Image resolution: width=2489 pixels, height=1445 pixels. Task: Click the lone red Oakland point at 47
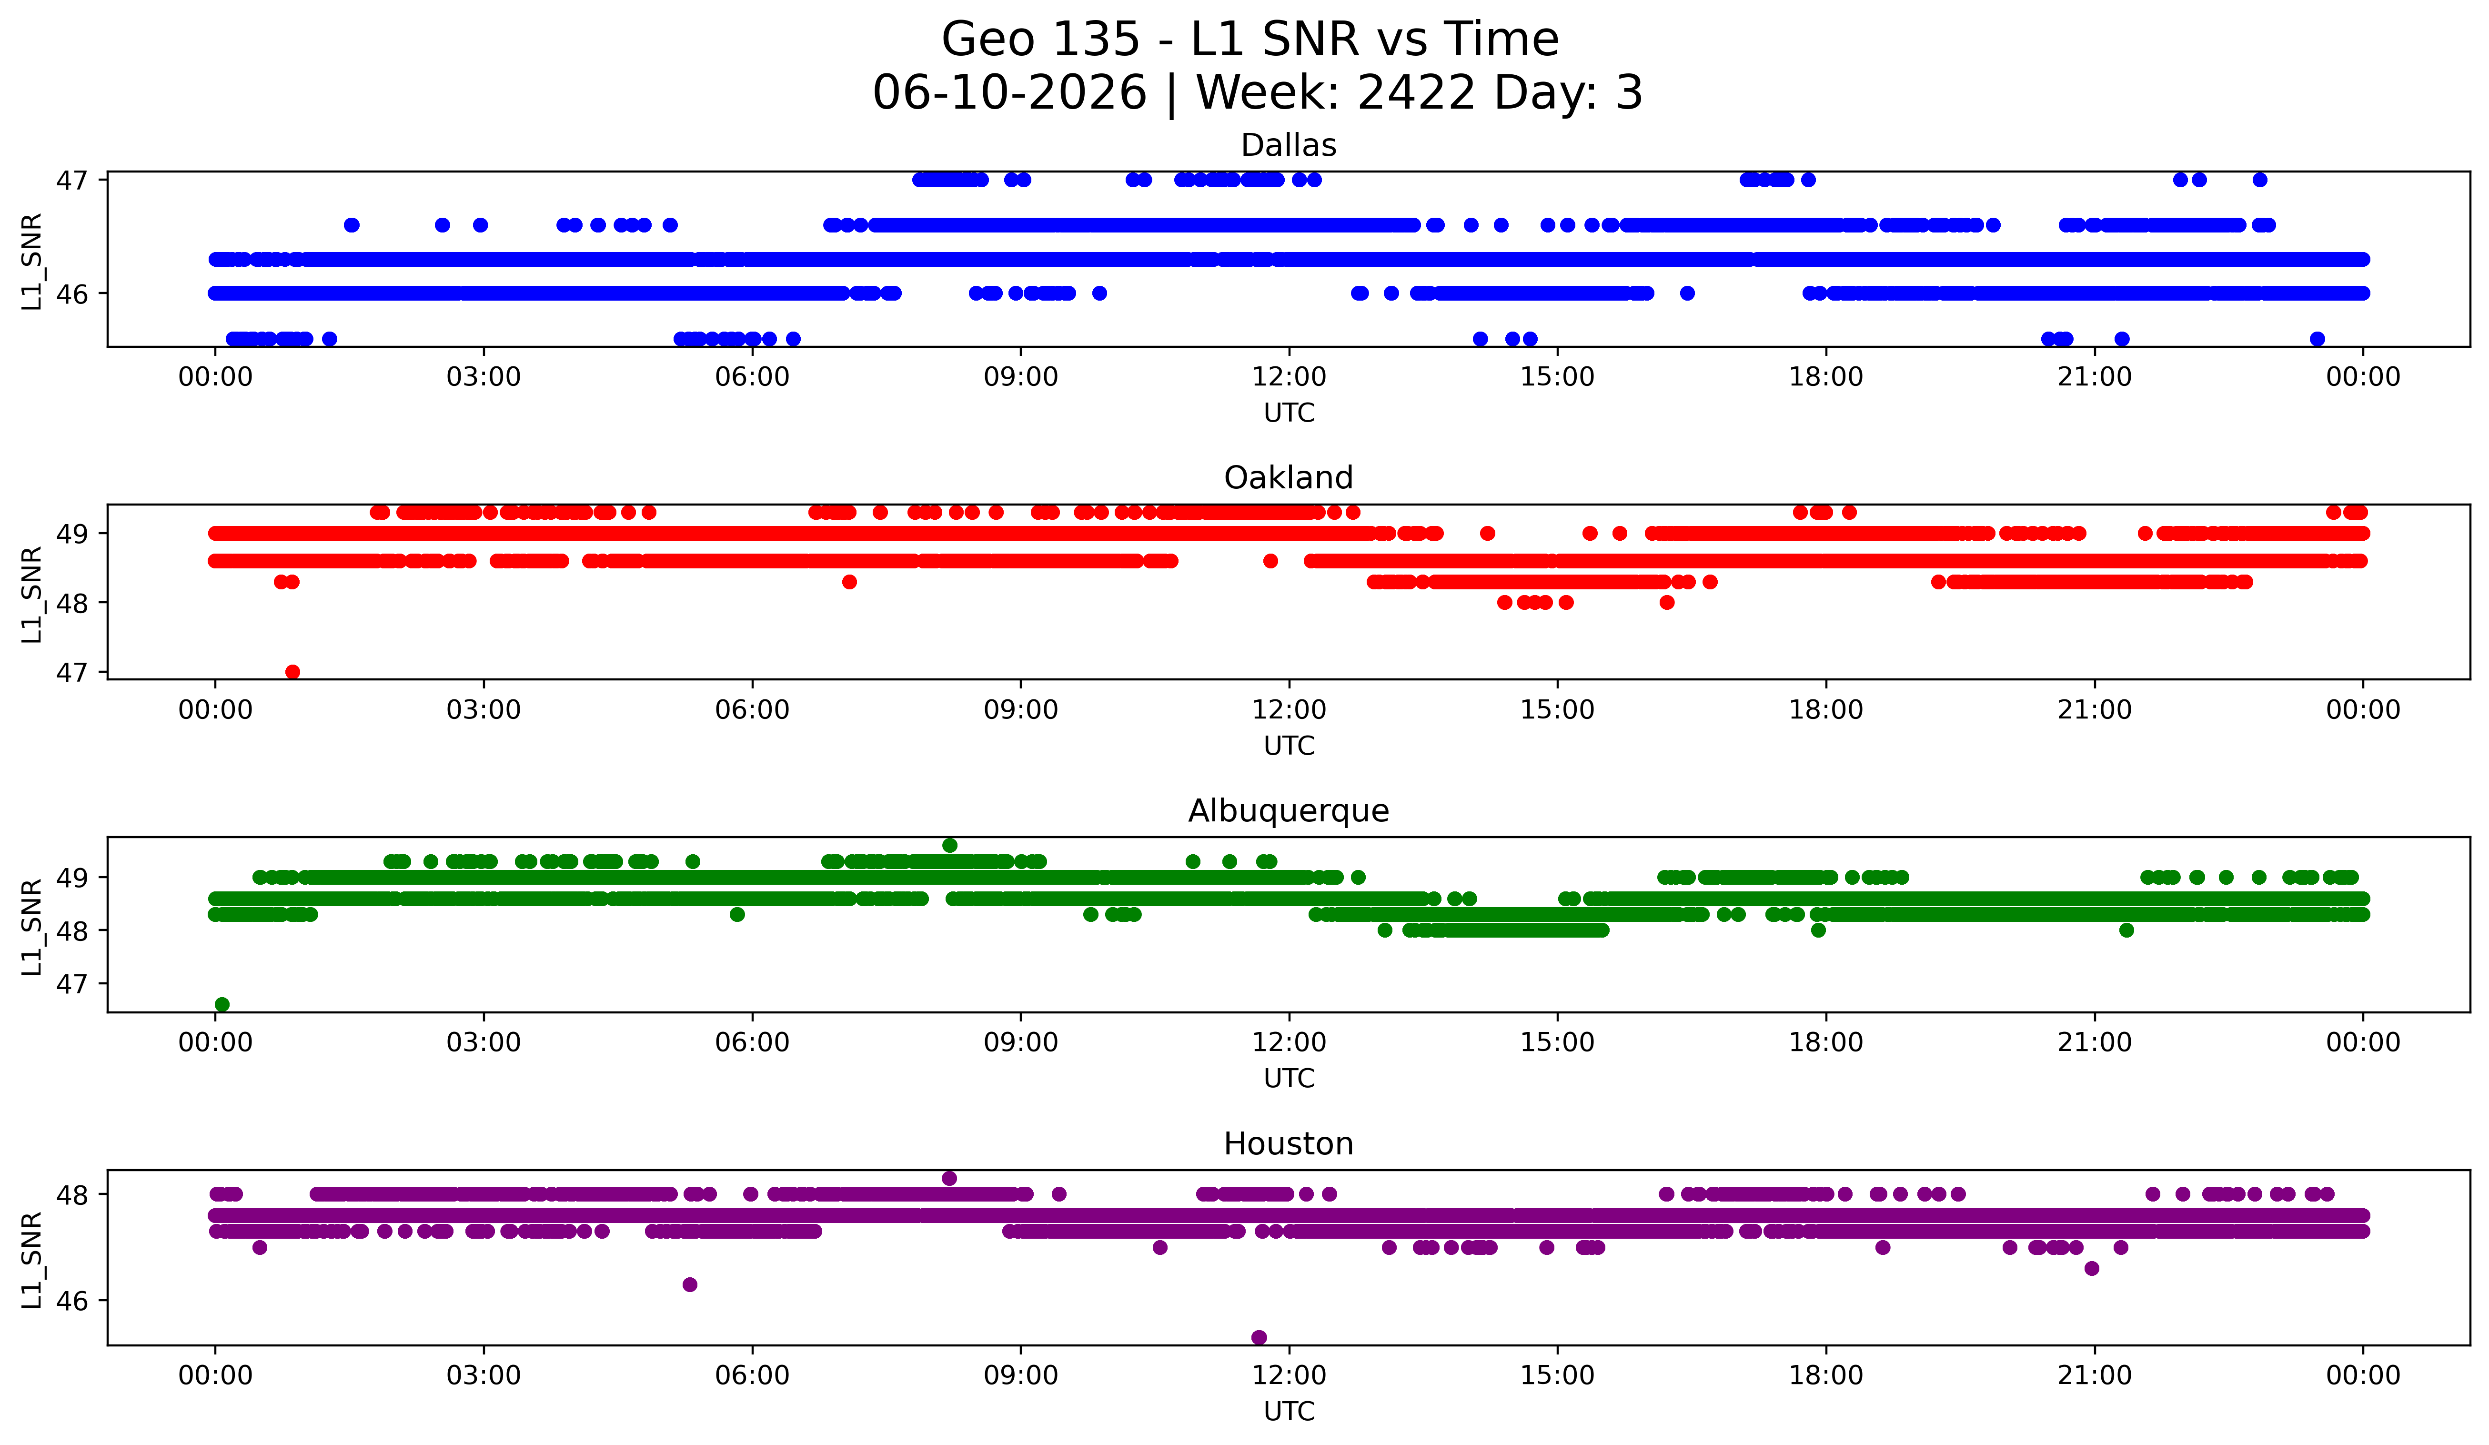292,672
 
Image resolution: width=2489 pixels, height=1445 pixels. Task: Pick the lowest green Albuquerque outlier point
222,1004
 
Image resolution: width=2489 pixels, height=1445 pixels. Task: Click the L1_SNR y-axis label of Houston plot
31,1260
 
